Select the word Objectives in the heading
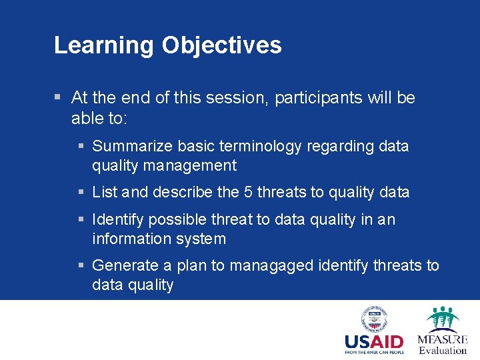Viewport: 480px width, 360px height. tap(221, 45)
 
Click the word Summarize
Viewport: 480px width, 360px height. tap(131, 146)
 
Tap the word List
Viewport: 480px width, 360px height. tap(105, 193)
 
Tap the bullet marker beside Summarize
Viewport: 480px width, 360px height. tap(81, 146)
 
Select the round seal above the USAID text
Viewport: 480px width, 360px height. tap(374, 318)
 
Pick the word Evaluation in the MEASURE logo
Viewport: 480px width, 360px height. tap(443, 350)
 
